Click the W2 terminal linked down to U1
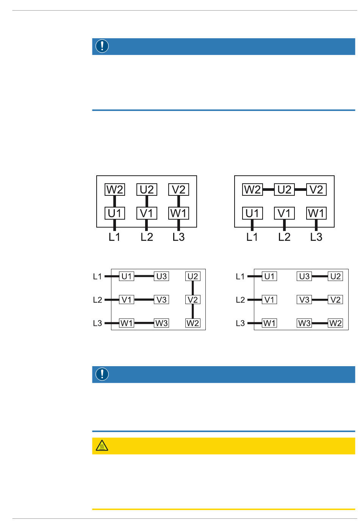(x=115, y=189)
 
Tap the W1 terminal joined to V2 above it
(x=178, y=213)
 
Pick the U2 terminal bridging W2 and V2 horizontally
(x=284, y=189)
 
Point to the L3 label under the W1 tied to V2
(x=178, y=237)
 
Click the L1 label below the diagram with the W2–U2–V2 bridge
(x=252, y=237)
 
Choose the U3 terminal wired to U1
(x=161, y=276)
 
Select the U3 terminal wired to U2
(x=304, y=276)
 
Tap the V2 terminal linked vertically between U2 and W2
(x=193, y=300)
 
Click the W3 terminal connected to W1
(x=161, y=323)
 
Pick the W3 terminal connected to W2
(x=304, y=323)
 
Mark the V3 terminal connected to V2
(x=304, y=300)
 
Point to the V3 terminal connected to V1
(x=161, y=300)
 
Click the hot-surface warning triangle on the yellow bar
(x=102, y=446)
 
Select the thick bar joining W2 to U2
(x=268, y=189)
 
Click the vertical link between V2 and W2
(x=193, y=311)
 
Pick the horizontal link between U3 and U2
(x=320, y=276)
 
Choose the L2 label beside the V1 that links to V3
(x=97, y=300)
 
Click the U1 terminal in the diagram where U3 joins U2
(x=269, y=276)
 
